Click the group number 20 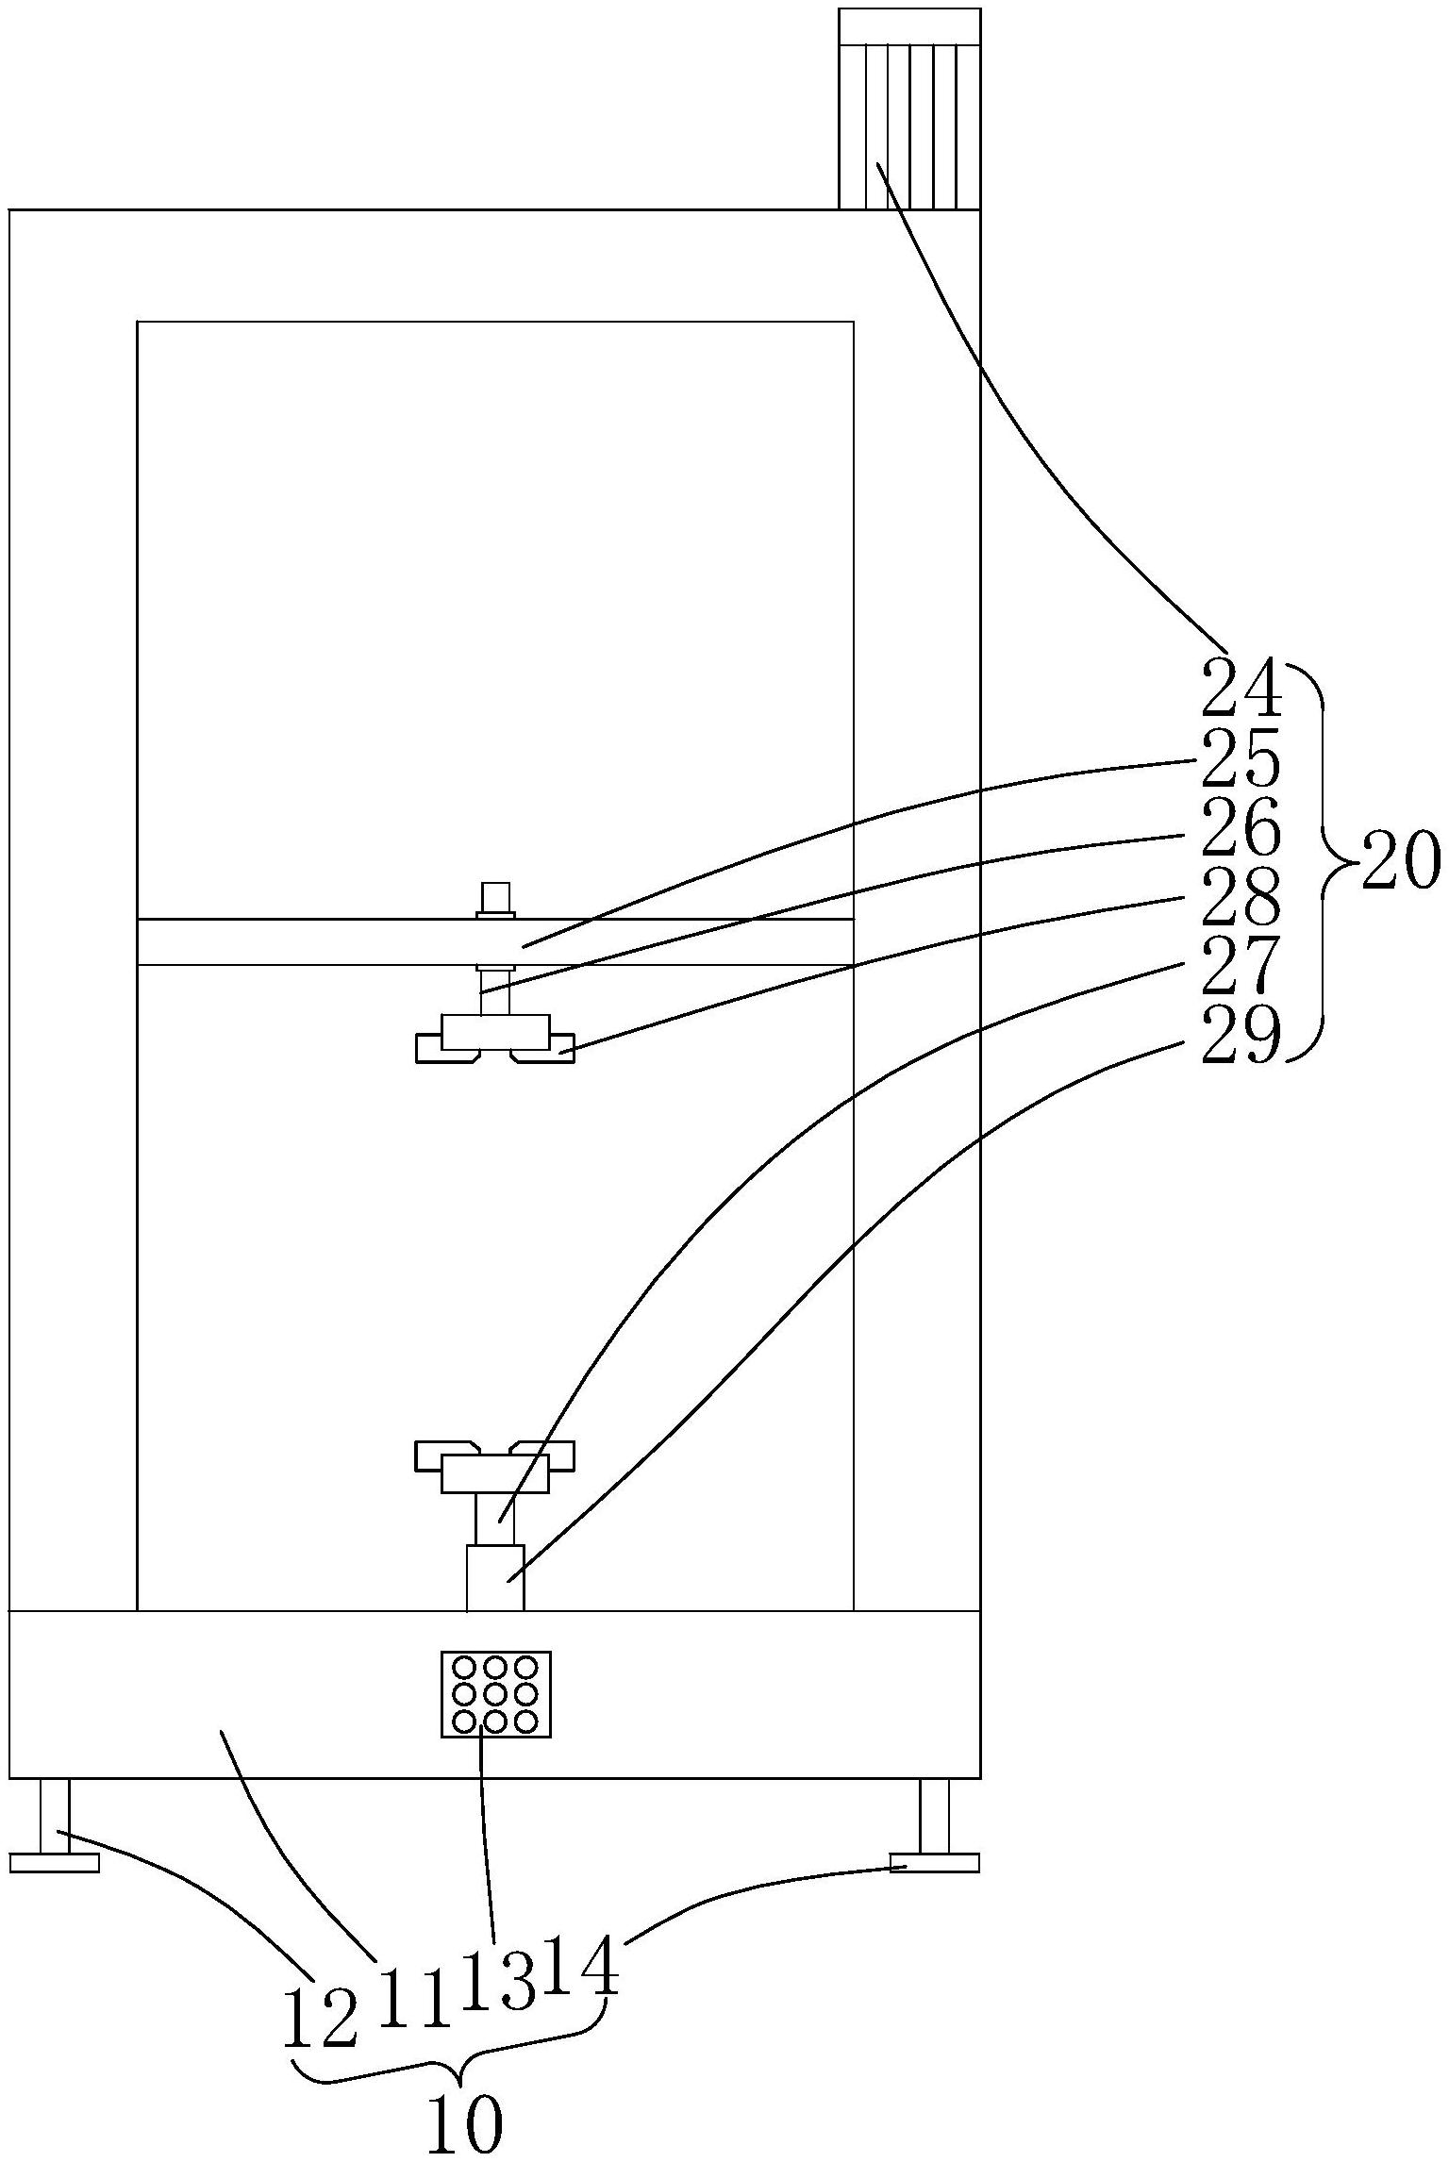point(1400,860)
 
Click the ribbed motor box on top point(909,109)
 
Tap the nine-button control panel point(495,1693)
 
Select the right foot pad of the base point(934,1862)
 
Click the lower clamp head point(495,1468)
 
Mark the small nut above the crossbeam point(495,898)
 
